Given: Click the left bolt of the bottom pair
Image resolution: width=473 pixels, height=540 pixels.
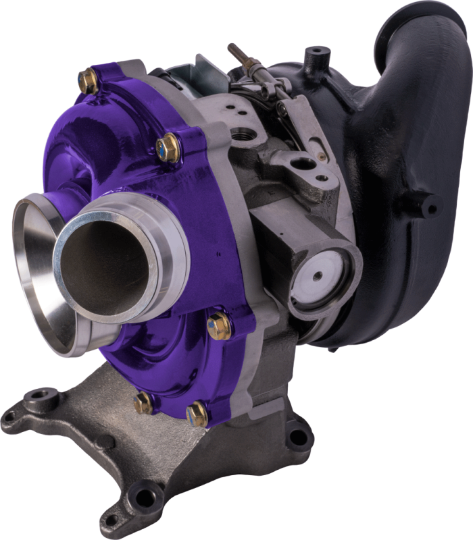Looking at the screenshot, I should pyautogui.click(x=143, y=403).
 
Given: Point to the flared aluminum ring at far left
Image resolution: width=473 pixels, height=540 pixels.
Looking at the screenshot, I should pyautogui.click(x=30, y=270).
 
